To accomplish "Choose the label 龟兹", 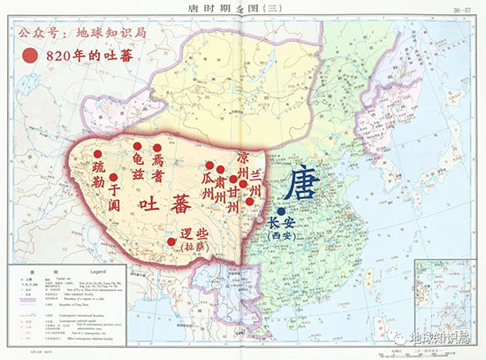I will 137,165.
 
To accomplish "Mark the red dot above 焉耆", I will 157,148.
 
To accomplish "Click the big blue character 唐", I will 301,186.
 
